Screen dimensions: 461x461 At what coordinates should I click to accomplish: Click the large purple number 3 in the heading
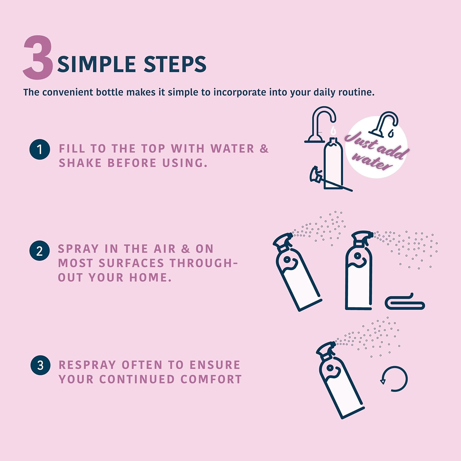point(38,57)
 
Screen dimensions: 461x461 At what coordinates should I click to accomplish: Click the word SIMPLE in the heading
point(97,64)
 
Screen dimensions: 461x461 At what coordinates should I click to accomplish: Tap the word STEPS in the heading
point(175,64)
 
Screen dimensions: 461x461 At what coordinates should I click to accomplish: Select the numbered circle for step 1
point(40,149)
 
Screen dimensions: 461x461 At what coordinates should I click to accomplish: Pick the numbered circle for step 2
point(40,251)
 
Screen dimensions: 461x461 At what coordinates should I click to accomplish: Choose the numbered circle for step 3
point(41,365)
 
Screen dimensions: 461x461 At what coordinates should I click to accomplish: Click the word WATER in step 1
point(232,149)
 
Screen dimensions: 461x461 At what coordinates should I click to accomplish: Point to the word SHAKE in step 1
point(80,163)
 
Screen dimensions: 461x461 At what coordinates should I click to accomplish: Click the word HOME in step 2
point(150,278)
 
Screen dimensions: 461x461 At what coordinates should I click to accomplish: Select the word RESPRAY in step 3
point(87,365)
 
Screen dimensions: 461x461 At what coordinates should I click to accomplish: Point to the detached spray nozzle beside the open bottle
point(317,175)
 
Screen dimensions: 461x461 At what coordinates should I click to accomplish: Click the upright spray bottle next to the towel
point(359,270)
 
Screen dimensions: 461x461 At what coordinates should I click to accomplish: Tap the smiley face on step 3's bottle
point(333,370)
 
